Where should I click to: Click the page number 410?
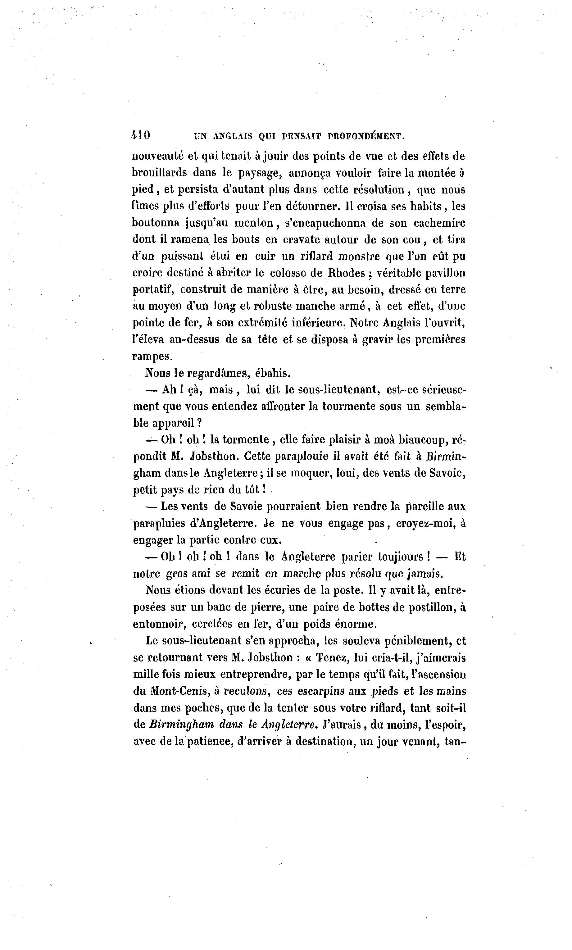point(141,136)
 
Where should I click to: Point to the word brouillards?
point(159,173)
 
